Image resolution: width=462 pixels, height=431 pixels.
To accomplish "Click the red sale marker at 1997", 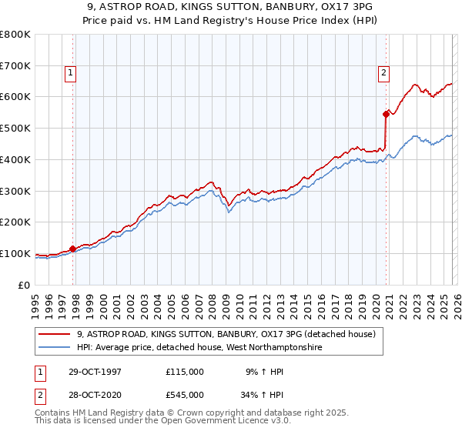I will (73, 249).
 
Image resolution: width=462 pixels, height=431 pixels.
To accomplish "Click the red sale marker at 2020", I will (386, 113).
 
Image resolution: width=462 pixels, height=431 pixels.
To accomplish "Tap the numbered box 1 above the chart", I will (70, 73).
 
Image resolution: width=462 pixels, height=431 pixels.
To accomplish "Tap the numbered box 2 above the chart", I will (383, 73).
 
